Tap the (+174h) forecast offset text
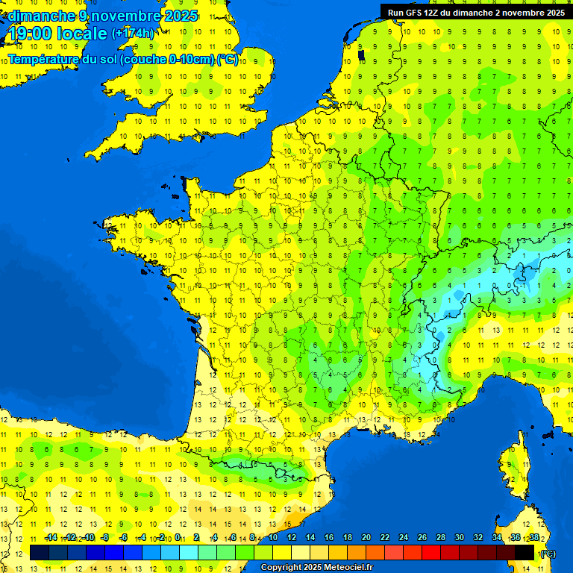pyautogui.click(x=132, y=34)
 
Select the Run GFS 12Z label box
pyautogui.click(x=475, y=12)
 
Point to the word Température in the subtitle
pyautogui.click(x=44, y=60)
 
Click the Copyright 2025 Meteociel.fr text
pyautogui.click(x=317, y=567)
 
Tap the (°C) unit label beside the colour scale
pyautogui.click(x=547, y=554)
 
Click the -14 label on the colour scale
pyautogui.click(x=51, y=537)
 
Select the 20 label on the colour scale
pyautogui.click(x=366, y=537)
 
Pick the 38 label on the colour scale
pyautogui.click(x=533, y=537)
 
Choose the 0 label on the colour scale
pyautogui.click(x=178, y=537)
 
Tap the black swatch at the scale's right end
pyautogui.click(x=525, y=553)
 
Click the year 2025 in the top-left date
pyautogui.click(x=178, y=16)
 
